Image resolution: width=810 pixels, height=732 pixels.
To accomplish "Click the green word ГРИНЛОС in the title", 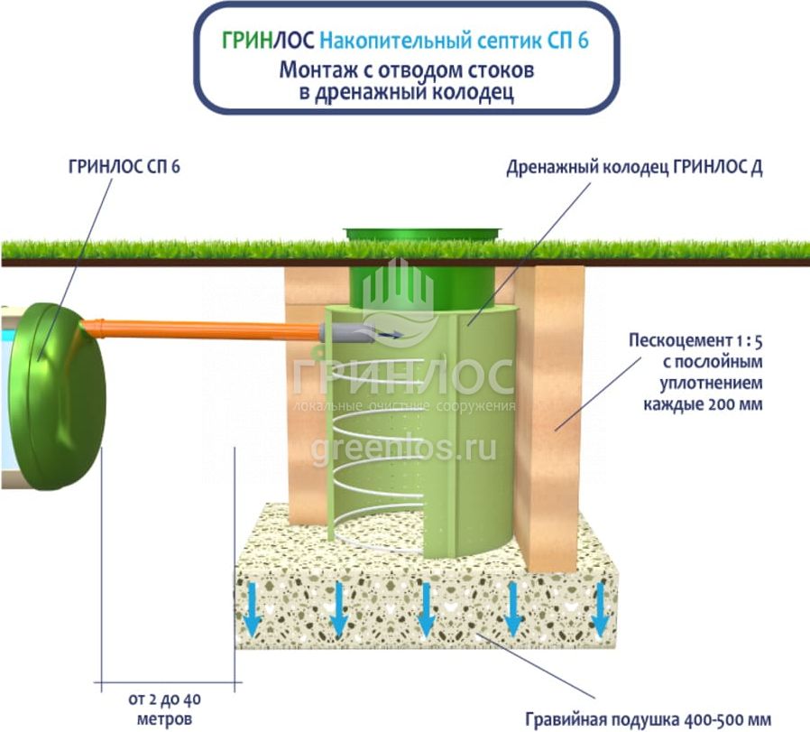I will (268, 41).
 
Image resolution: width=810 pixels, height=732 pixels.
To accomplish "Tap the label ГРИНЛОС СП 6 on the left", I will (124, 168).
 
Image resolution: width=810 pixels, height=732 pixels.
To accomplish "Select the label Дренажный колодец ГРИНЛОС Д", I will (634, 168).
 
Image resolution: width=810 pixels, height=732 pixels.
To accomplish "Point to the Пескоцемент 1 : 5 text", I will (695, 342).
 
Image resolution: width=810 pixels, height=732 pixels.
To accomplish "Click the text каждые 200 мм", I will (703, 403).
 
